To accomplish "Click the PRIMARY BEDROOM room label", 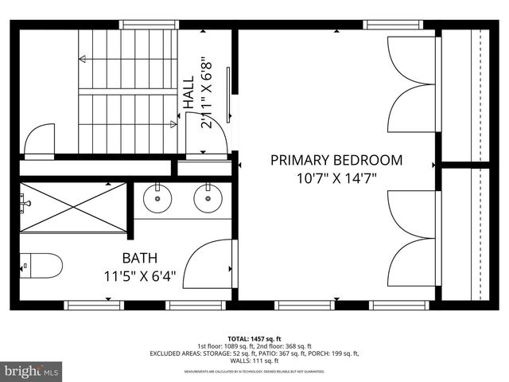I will [336, 160].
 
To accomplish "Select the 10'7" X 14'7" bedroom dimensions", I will [336, 179].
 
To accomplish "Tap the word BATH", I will [139, 259].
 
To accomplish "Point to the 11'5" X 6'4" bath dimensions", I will [139, 277].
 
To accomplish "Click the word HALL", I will [188, 92].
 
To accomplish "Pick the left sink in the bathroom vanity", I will [157, 199].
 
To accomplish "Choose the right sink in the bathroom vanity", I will [208, 199].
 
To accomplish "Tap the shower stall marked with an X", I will [73, 207].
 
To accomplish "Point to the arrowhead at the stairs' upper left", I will [81, 59].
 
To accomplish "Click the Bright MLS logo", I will [32, 371].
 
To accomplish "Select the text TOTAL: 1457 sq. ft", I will [254, 337].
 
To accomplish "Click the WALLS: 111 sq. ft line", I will [254, 361].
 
